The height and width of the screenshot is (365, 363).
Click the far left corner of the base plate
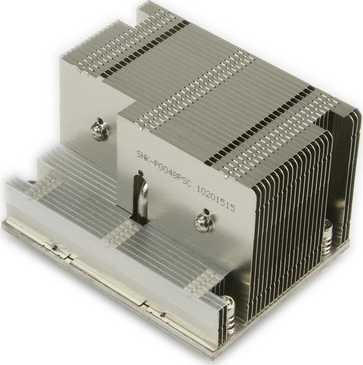click(x=4, y=223)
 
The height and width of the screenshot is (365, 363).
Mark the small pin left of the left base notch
click(x=54, y=247)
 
